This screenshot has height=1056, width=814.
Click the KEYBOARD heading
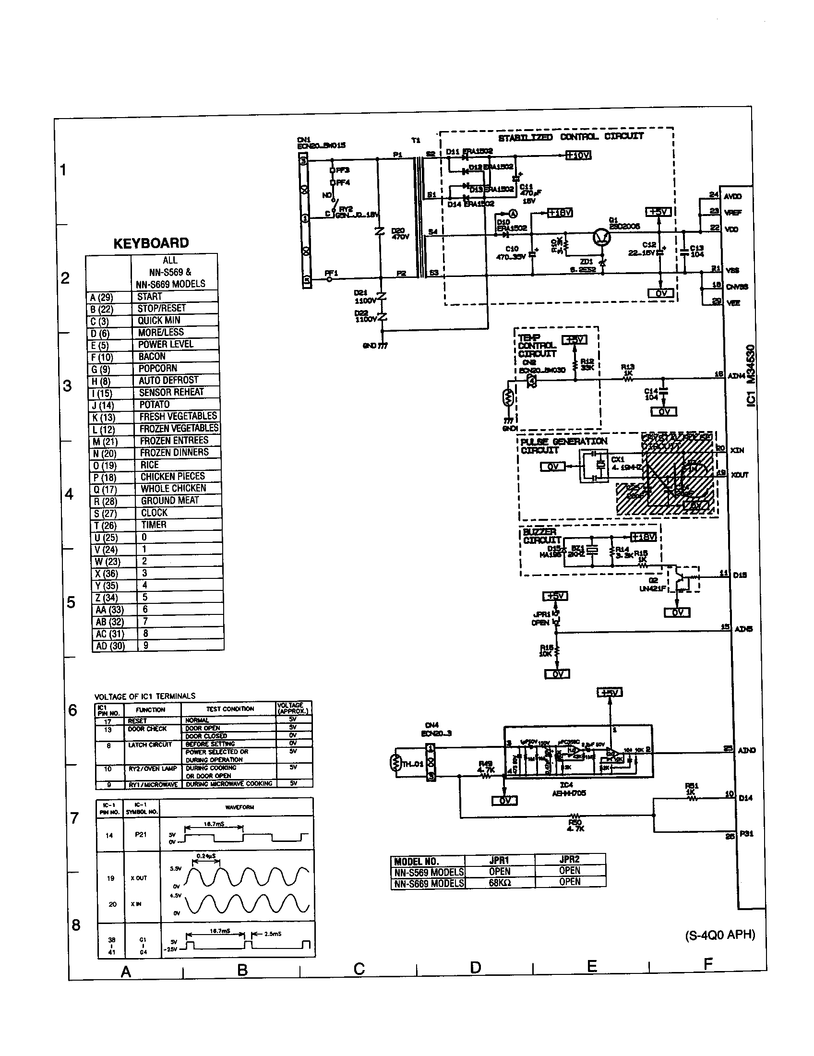151,243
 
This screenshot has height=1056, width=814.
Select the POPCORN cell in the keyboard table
157,369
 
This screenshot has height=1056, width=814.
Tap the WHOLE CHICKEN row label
173,488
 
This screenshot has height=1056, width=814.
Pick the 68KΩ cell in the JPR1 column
499,882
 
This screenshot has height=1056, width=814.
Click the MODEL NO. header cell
416,862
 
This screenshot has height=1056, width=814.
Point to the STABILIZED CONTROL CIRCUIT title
570,137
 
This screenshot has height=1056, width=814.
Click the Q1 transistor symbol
602,237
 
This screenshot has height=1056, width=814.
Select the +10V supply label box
579,156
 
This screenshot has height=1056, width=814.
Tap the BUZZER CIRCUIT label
541,536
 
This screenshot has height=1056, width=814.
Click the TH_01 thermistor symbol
395,764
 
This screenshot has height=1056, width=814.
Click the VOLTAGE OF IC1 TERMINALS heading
144,696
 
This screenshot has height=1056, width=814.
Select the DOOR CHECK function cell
147,729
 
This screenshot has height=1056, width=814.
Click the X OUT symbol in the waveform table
139,878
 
